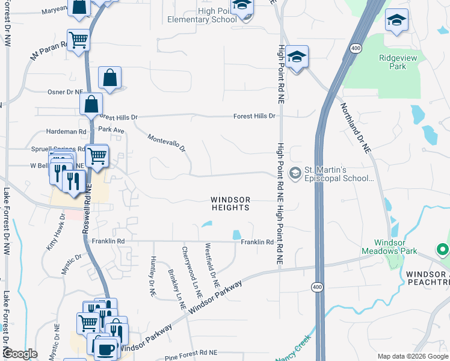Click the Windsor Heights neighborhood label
tap(230, 203)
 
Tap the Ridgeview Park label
tap(393, 62)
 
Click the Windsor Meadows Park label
tap(389, 247)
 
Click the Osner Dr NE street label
tap(64, 92)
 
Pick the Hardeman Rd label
tap(66, 131)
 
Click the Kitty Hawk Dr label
tap(55, 232)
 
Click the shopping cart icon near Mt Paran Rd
tap(78, 40)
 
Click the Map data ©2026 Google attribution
tap(411, 356)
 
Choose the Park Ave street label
tap(111, 129)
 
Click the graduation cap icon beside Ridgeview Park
tap(396, 20)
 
